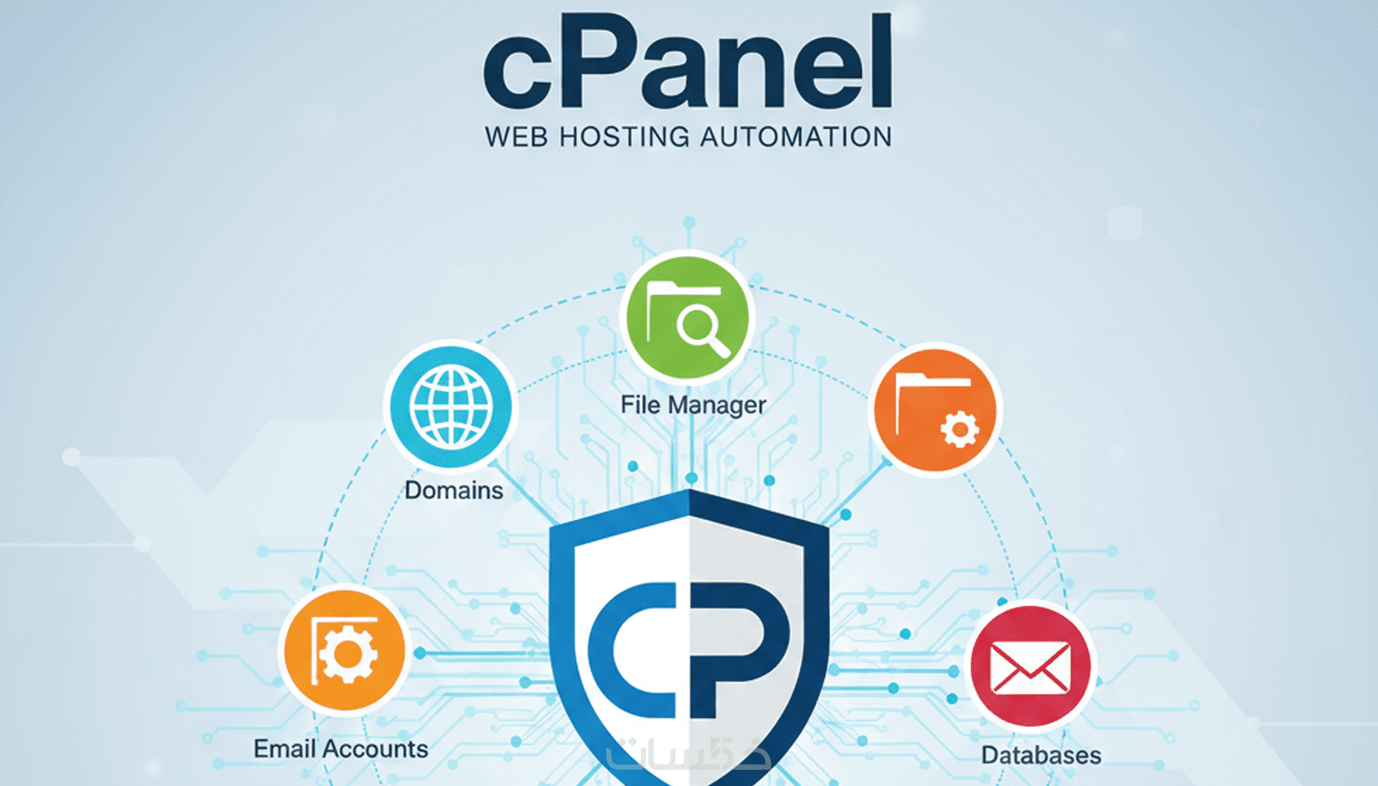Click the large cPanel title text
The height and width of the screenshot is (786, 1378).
coord(687,63)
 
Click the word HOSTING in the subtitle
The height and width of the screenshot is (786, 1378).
coord(624,137)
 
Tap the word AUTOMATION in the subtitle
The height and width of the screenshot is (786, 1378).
coord(796,137)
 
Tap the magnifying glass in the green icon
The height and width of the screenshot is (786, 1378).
coord(702,331)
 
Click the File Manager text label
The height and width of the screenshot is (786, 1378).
coord(693,404)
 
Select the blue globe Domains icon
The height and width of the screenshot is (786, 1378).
coord(451,406)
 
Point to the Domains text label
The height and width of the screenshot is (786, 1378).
coord(453,490)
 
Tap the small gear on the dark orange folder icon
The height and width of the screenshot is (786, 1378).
coord(960,429)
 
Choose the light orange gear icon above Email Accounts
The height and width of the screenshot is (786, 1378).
coord(345,651)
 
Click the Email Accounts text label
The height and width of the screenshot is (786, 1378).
coord(340,749)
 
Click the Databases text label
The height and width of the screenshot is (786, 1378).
coord(1041,755)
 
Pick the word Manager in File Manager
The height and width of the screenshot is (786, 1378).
coord(717,405)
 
